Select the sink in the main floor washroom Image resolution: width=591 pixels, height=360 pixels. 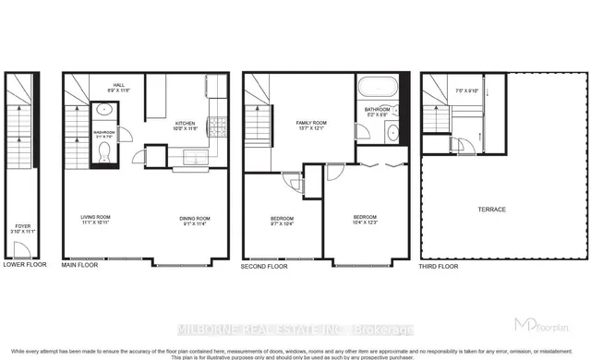[103, 110]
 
